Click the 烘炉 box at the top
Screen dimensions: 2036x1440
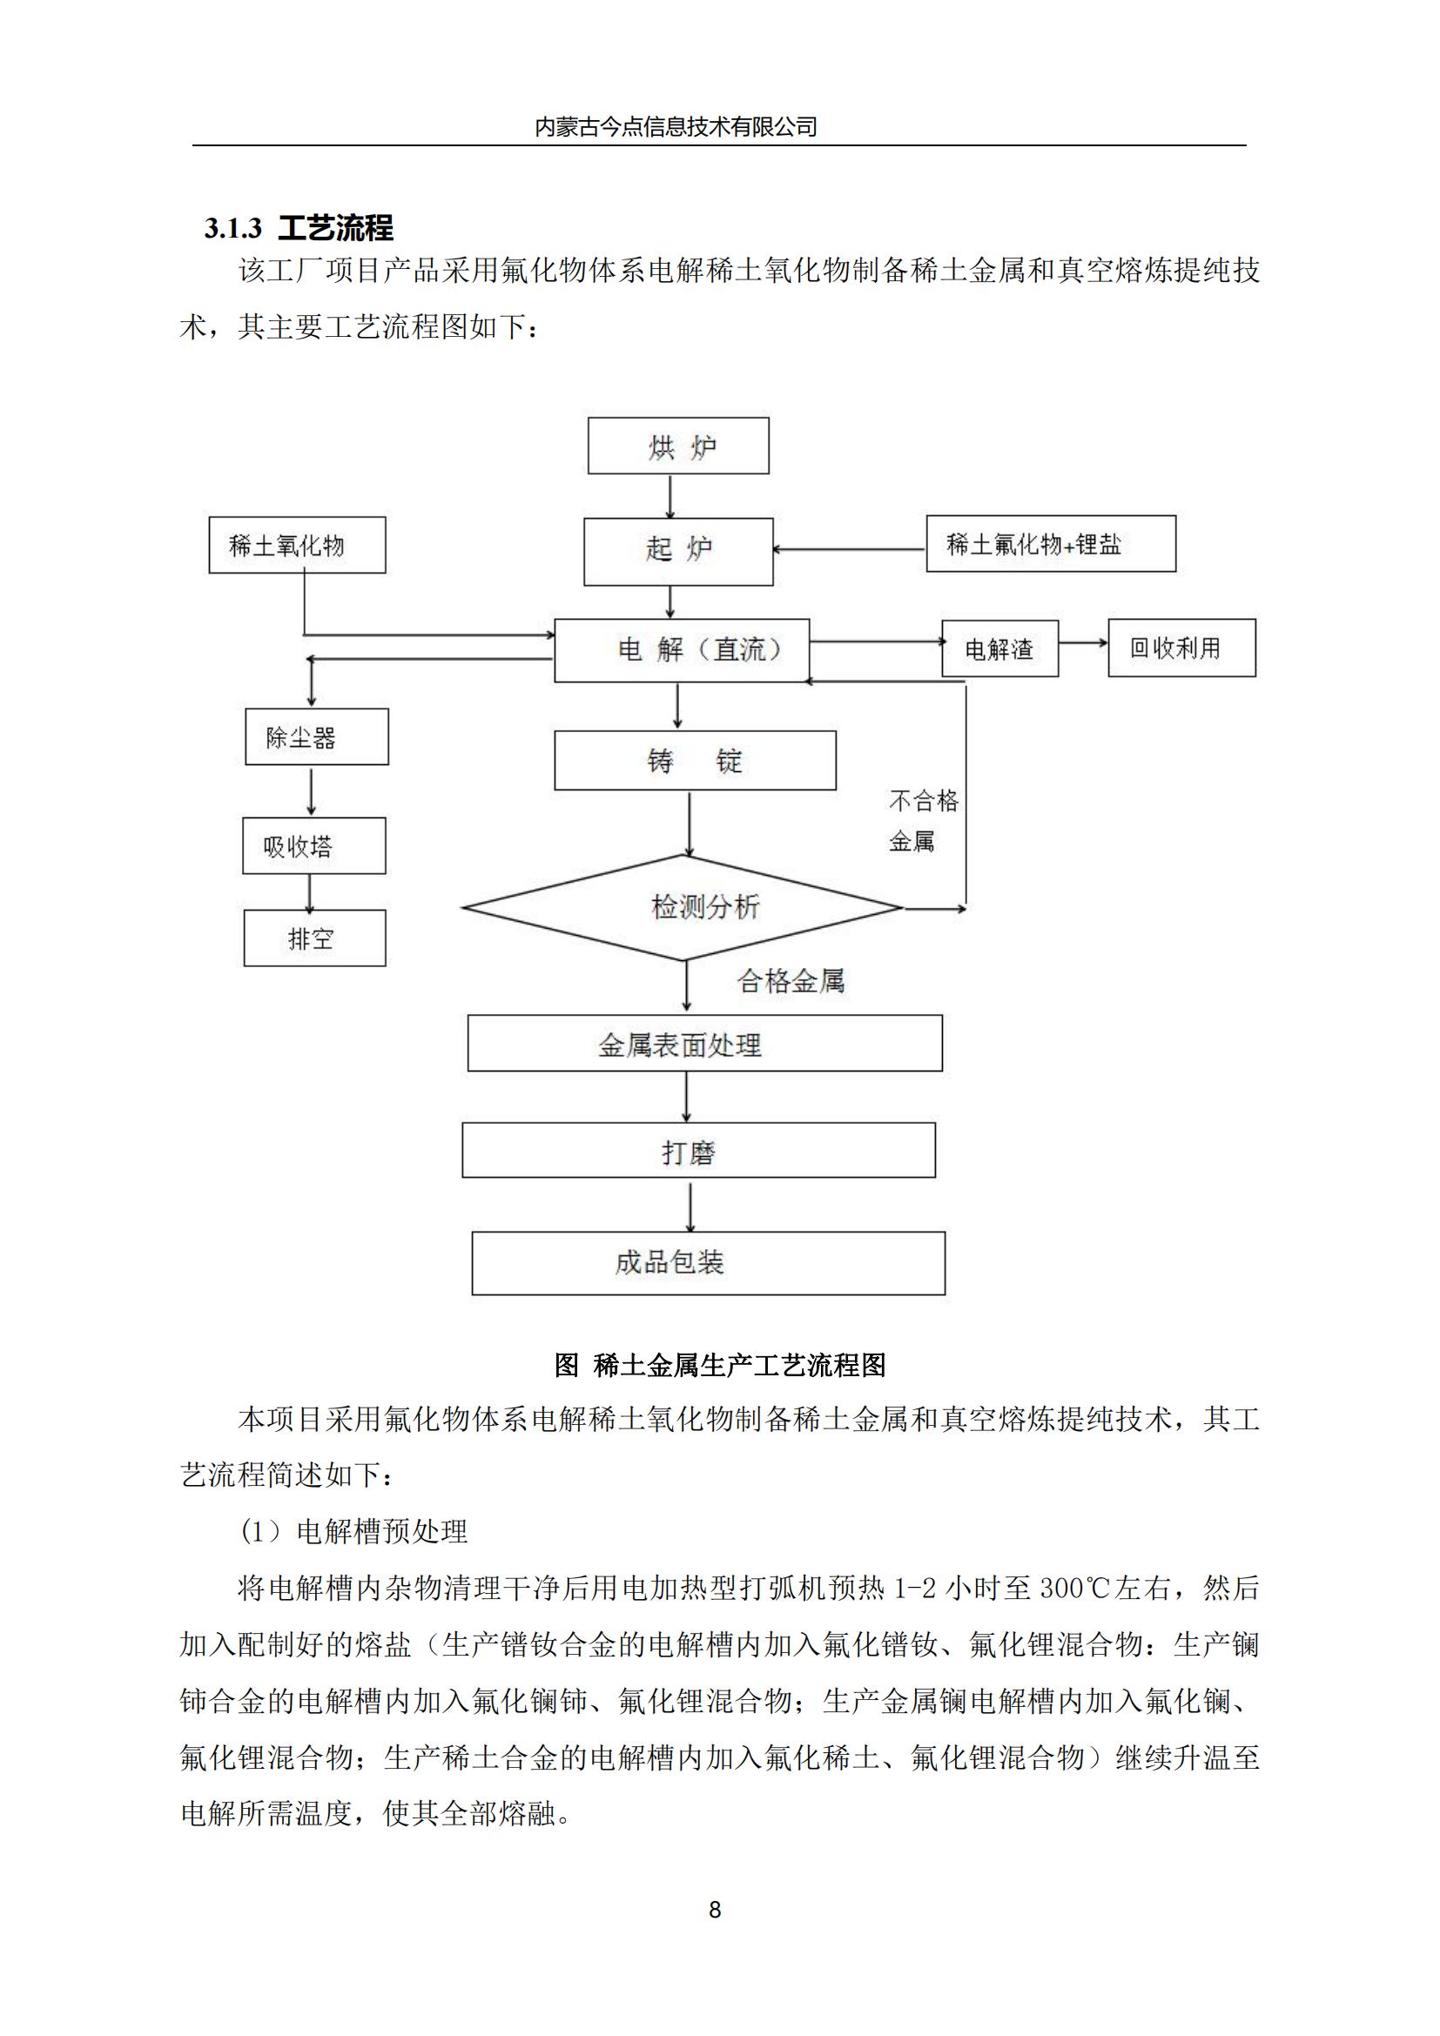point(678,446)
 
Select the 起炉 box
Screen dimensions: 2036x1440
point(678,551)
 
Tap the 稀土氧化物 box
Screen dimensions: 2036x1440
point(297,546)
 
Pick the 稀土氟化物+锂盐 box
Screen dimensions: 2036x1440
point(1051,543)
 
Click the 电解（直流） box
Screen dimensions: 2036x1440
point(682,650)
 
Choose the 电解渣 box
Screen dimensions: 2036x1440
point(999,649)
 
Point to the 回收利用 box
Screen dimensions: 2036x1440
point(1181,648)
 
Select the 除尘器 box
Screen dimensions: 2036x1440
point(317,737)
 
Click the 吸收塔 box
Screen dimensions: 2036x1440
point(314,846)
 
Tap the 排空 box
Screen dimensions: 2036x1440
point(315,938)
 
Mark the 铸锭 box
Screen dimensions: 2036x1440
point(695,761)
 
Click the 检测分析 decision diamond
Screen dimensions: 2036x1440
point(683,907)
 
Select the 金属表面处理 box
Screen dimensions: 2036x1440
point(705,1044)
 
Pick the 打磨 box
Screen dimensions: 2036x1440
point(699,1151)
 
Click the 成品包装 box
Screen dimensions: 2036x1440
point(708,1263)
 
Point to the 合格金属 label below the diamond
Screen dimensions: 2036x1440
point(791,981)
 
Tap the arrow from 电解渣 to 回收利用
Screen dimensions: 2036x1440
point(1083,643)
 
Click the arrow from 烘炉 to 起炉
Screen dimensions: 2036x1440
point(670,496)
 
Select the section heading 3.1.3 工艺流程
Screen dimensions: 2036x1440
point(299,228)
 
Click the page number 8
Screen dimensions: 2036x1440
point(716,1910)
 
